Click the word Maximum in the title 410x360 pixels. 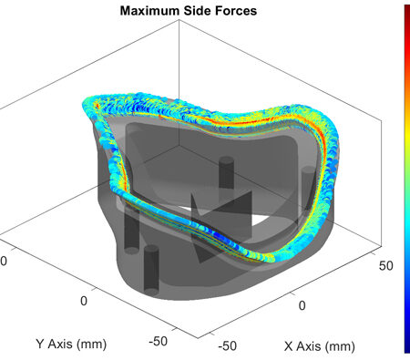point(149,11)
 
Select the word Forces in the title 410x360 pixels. point(236,11)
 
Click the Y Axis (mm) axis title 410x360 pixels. point(71,345)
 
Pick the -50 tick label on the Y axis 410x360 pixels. point(158,341)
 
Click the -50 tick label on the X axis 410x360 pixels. point(228,345)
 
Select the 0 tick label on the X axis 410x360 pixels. point(302,305)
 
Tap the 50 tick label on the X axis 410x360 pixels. point(386,265)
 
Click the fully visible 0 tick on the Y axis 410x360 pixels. point(84,301)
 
